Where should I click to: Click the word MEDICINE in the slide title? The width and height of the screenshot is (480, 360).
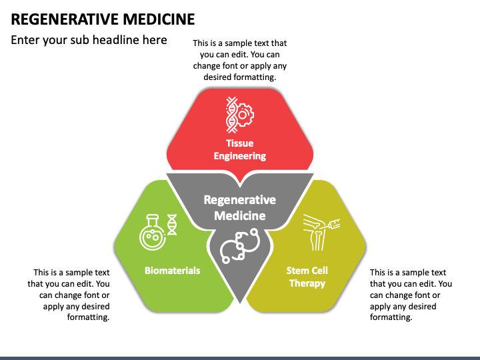[x=159, y=19]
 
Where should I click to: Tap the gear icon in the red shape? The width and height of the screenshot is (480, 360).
[x=244, y=115]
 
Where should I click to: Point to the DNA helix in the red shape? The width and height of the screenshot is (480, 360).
[x=231, y=115]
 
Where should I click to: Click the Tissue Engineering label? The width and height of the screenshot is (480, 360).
[x=240, y=150]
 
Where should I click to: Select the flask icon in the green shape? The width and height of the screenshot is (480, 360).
[x=153, y=232]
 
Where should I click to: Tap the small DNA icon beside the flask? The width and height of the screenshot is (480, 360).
[x=172, y=225]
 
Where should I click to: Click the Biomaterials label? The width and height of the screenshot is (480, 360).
[x=173, y=271]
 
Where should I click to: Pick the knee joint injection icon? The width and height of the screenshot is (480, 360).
[x=321, y=232]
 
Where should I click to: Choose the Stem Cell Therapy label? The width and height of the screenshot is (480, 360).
[x=307, y=277]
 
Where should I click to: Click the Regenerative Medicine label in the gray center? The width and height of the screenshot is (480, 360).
[x=240, y=207]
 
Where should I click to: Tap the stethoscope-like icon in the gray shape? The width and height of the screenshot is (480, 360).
[x=240, y=245]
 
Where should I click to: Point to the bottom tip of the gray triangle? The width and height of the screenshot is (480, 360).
[x=240, y=303]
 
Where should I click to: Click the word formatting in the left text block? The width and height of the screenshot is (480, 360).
[x=88, y=317]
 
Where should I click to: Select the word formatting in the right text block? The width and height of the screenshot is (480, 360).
[x=391, y=317]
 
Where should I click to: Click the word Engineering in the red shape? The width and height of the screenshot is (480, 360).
[x=240, y=156]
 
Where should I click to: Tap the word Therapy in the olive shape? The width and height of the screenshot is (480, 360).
[x=307, y=283]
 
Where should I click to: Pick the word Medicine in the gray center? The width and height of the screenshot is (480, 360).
[x=240, y=215]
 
